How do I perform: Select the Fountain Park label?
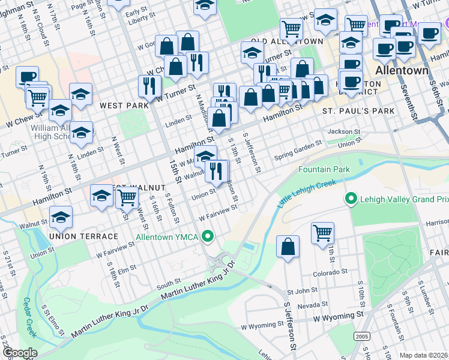(x=324, y=170)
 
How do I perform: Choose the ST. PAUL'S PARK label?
(x=358, y=111)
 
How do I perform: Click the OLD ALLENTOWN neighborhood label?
(x=279, y=41)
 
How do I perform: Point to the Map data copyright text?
(x=424, y=355)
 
